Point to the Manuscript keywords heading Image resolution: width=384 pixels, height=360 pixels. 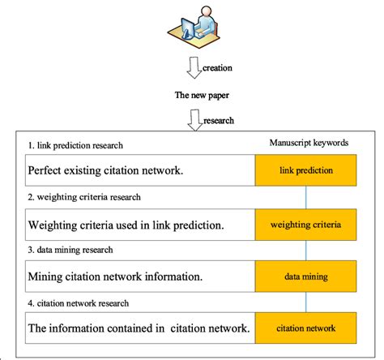point(308,142)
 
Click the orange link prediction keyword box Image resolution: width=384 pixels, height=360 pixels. point(305,171)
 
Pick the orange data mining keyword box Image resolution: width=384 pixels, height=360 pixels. point(305,276)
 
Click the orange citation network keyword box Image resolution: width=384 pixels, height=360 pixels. point(305,328)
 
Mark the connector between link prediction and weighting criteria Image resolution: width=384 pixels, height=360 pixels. point(305,197)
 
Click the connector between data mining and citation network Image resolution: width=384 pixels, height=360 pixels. point(305,302)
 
